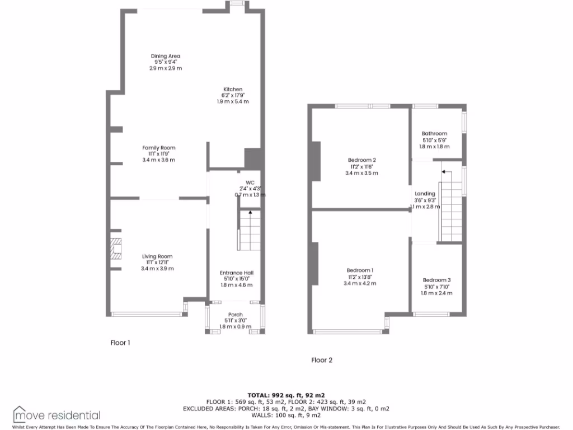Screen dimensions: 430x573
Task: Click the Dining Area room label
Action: coord(166,56)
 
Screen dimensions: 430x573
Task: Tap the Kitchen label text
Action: coord(233,90)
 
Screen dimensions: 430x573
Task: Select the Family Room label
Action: coord(159,148)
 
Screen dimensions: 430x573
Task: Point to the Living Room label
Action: coord(157,256)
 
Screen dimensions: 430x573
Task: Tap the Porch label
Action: coord(236,315)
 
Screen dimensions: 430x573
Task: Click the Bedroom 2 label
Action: coord(362,161)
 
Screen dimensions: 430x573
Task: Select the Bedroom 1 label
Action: coord(360,270)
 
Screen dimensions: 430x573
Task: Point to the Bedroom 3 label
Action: coord(436,280)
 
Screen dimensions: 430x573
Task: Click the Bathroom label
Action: coord(434,133)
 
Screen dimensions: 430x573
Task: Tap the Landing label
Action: coord(425,194)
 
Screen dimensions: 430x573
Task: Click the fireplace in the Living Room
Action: coord(116,249)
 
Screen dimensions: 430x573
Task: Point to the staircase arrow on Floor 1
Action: coord(250,213)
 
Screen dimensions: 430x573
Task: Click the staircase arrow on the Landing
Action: coord(442,171)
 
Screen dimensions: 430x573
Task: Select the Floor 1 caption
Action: coord(120,343)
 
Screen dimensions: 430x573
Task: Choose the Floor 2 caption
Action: coord(322,360)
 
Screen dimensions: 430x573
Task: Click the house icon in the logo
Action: coord(21,414)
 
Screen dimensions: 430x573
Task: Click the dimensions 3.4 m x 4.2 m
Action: coord(360,283)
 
